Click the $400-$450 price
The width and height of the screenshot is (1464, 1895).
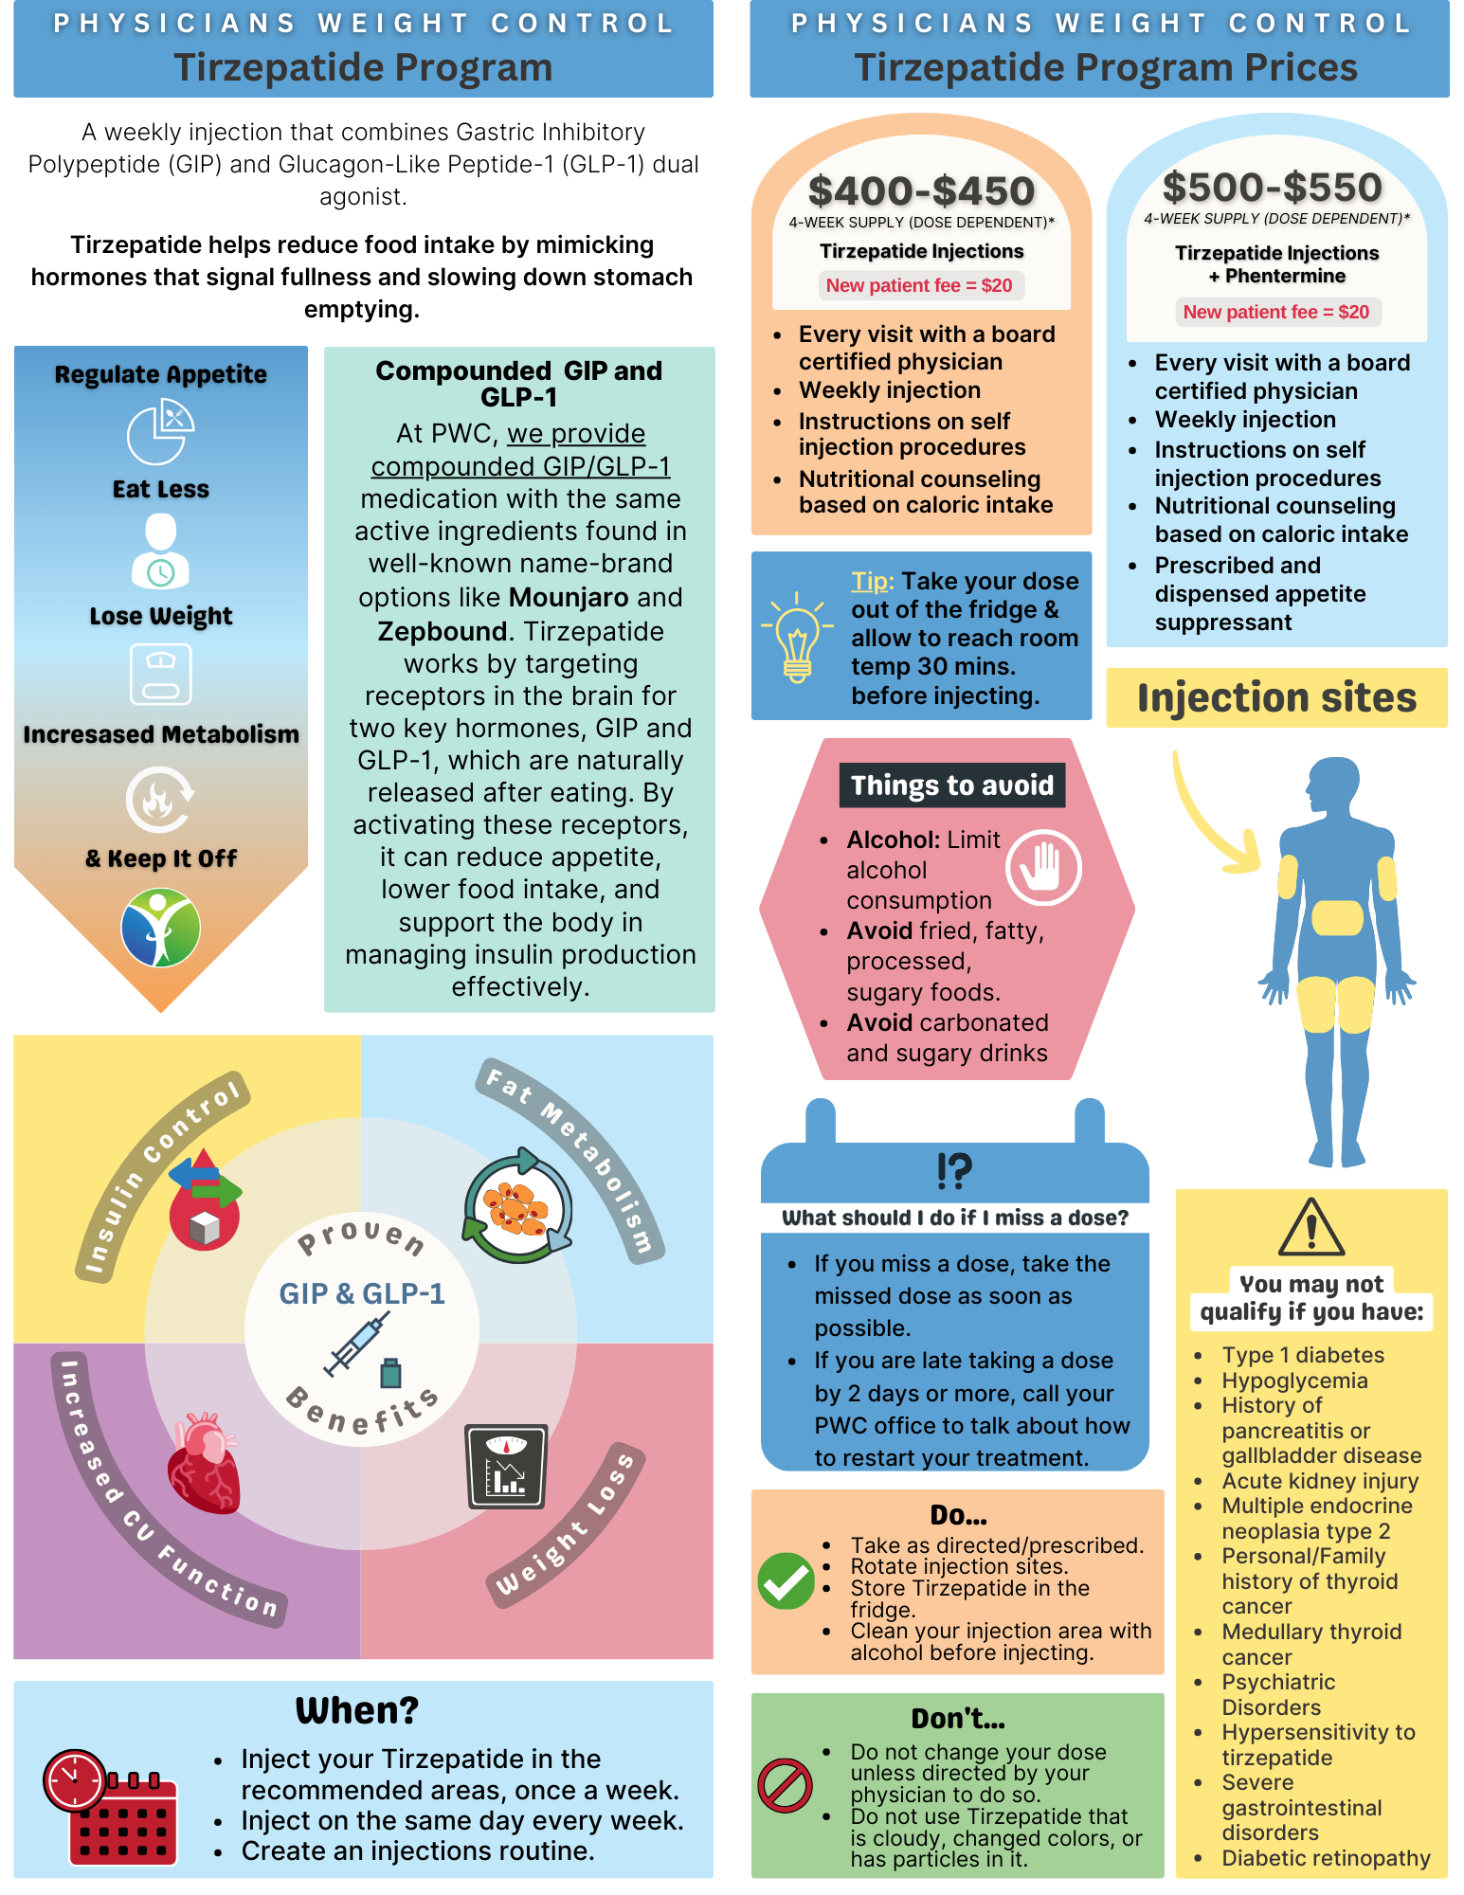921,191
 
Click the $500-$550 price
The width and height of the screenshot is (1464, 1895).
1273,188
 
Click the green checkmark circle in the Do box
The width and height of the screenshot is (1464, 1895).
786,1580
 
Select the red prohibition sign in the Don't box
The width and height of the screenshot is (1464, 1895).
785,1786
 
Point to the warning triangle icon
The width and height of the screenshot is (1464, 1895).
1310,1228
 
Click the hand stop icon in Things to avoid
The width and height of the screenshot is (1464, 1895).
1043,867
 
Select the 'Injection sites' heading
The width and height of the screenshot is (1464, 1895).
1276,698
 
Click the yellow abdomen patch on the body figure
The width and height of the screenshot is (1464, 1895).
1337,917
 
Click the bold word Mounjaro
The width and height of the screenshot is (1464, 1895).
569,598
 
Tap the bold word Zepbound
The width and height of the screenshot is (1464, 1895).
443,631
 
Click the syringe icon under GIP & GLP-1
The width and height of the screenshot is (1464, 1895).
352,1345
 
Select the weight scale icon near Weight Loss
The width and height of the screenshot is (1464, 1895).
507,1466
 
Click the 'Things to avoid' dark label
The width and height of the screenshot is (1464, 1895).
951,785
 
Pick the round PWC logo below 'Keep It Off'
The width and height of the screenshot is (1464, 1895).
161,928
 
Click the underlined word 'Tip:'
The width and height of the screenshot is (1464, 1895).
872,581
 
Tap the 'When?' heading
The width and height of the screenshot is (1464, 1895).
357,1710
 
